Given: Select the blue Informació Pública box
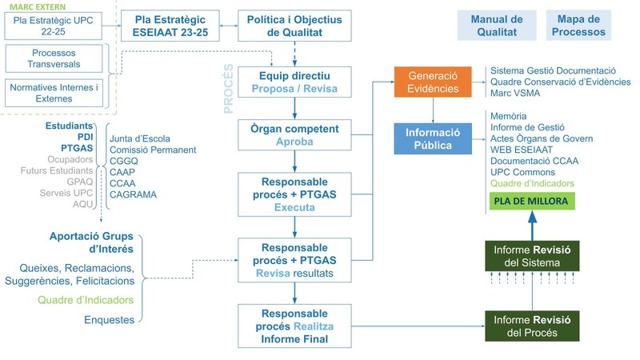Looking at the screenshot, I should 433,138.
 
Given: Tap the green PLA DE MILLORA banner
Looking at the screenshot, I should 531,201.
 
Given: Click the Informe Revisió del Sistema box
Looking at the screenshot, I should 531,256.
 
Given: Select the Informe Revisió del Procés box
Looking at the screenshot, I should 531,326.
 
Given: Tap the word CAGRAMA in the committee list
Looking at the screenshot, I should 133,194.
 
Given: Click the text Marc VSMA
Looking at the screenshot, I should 514,94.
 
